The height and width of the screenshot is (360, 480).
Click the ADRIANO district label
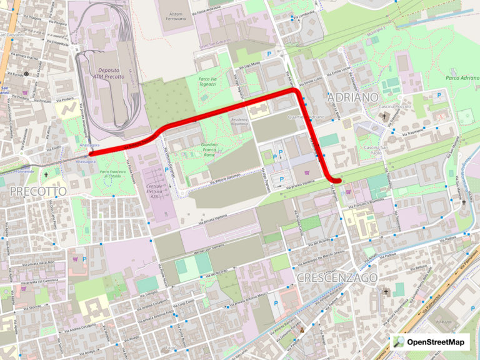352,97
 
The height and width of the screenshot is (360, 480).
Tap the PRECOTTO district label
37,191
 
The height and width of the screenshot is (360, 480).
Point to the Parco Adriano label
462,78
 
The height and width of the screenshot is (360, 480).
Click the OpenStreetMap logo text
436,342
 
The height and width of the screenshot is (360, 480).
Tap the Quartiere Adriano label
304,117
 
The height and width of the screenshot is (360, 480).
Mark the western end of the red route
92,153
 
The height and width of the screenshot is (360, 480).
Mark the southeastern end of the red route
338,181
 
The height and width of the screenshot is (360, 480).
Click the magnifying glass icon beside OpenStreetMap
399,342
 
